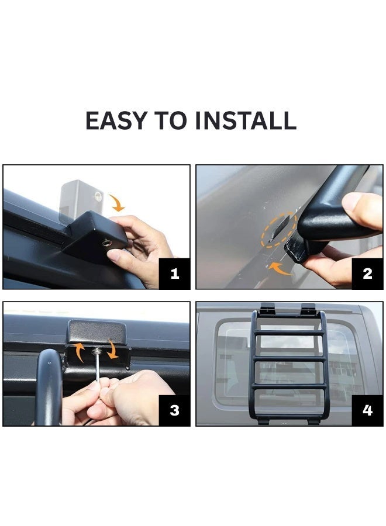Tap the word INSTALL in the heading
point(246,120)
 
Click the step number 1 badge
point(174,274)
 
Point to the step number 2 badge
point(367,274)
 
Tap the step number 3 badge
point(174,410)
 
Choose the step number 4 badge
point(367,410)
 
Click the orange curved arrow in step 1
point(117,203)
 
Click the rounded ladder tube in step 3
point(49,386)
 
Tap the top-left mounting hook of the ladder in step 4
point(267,308)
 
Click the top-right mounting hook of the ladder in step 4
point(308,308)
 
